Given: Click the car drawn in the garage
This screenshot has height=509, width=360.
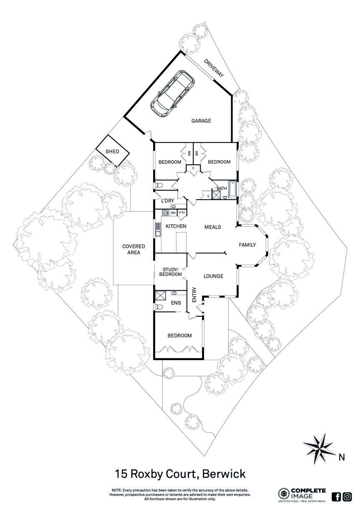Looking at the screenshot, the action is (x=173, y=94).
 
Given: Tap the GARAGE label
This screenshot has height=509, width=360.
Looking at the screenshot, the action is (x=201, y=121).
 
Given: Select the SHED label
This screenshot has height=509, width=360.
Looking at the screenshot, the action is (x=112, y=151).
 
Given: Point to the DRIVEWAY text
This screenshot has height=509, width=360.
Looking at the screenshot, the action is (x=214, y=68).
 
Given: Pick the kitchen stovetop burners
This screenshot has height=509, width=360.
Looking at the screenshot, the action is (x=164, y=213).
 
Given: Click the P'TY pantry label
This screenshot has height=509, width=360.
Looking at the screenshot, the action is (x=182, y=213).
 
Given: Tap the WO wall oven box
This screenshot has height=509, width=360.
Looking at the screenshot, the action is (x=173, y=213).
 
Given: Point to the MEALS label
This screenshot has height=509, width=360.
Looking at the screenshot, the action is (x=213, y=227).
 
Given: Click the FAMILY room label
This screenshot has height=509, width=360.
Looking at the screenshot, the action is (x=247, y=245).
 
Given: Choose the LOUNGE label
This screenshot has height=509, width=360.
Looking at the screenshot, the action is (x=213, y=276).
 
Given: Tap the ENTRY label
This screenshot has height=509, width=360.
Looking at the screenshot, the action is (x=194, y=295).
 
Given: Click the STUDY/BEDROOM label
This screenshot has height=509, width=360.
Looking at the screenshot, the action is (x=170, y=272).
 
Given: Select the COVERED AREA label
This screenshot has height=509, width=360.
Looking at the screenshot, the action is (x=134, y=249).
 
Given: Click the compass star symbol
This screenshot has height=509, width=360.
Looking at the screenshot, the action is (x=320, y=449).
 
